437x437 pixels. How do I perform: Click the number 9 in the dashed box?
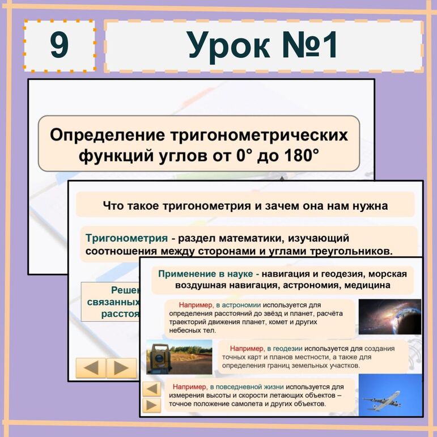point(59,45)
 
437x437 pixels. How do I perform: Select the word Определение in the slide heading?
point(107,135)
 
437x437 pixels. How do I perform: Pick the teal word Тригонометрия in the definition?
point(126,237)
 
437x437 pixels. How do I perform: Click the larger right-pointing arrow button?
point(121,368)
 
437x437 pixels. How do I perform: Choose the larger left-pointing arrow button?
point(91,368)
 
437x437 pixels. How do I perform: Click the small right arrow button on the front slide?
point(151,405)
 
